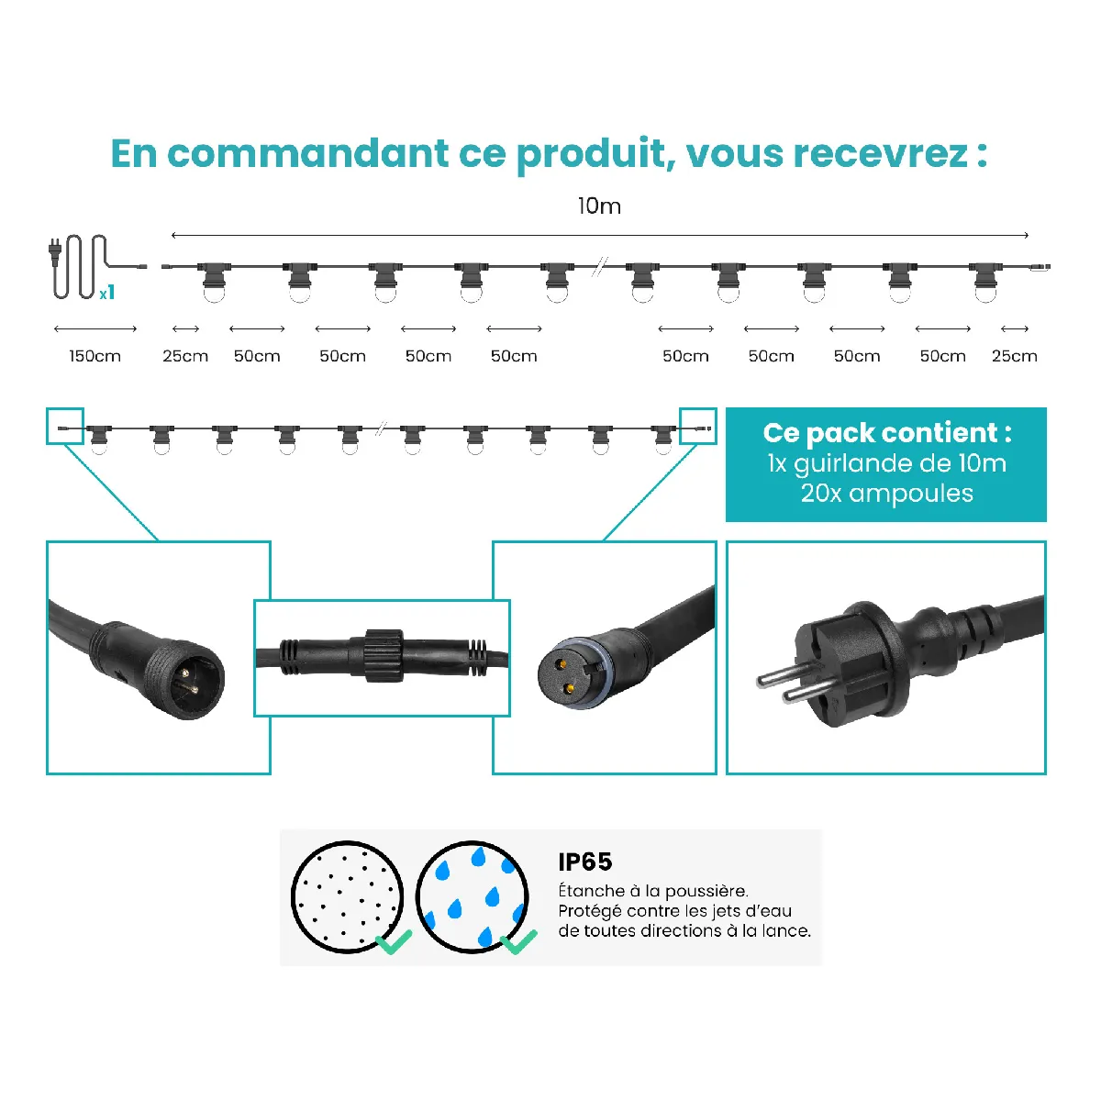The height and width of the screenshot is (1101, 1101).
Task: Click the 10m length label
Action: click(599, 206)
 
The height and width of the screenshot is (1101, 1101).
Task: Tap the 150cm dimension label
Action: click(95, 356)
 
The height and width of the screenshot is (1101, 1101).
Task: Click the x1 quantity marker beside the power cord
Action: click(106, 293)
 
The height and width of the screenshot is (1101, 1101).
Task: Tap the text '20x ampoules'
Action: click(886, 493)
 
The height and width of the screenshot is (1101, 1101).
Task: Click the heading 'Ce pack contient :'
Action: click(886, 433)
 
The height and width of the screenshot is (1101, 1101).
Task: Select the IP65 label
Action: click(585, 862)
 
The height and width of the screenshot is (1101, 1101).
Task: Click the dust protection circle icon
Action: click(348, 896)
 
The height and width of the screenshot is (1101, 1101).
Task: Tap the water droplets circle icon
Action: click(472, 896)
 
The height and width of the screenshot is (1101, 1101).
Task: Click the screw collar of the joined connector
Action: click(384, 655)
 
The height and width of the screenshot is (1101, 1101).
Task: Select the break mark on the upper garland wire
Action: click(599, 267)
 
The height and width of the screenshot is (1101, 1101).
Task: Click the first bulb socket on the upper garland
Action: click(215, 283)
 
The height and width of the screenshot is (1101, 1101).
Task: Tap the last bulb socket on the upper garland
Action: click(985, 283)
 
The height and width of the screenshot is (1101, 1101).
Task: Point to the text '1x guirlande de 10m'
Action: click(886, 463)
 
